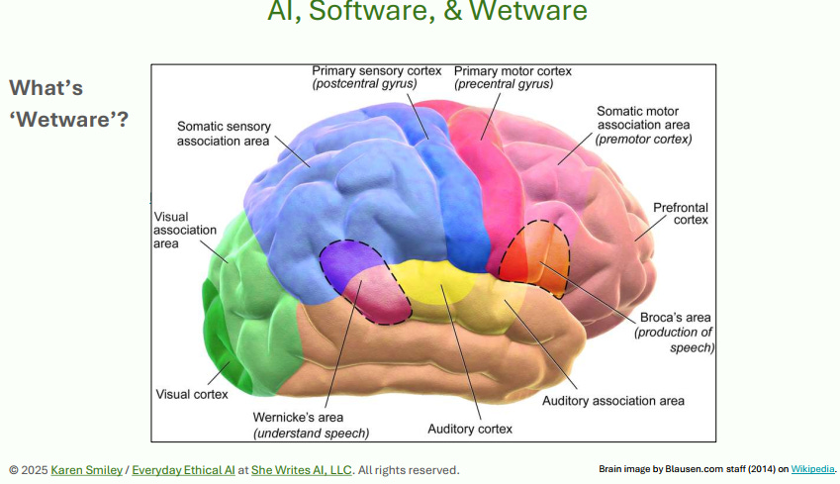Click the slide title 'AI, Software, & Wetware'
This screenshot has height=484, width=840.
(426, 13)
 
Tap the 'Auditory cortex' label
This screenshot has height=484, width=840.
(470, 430)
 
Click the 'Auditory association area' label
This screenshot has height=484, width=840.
(612, 401)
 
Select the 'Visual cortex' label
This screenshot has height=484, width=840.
(192, 394)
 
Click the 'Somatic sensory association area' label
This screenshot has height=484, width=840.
(223, 134)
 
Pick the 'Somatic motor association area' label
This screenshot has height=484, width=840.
(643, 125)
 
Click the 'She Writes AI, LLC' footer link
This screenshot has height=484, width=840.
(302, 469)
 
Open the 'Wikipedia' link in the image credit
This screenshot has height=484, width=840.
(812, 469)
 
